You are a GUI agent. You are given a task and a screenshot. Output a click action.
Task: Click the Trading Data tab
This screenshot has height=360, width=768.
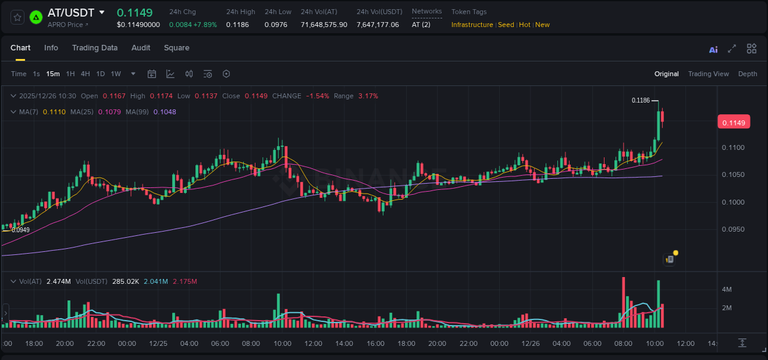coord(95,48)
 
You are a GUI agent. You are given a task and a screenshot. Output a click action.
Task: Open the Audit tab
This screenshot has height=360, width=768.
coord(141,48)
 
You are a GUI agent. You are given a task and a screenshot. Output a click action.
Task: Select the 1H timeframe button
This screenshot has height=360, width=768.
coord(70,74)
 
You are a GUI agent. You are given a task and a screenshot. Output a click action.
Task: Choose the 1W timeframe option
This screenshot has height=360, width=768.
coord(116,74)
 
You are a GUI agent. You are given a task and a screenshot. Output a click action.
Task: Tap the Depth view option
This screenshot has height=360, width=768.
coord(748,74)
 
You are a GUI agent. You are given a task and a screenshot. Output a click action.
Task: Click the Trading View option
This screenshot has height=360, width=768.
coord(708,74)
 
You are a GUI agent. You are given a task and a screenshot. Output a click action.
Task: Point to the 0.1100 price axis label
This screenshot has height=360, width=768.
coord(733,147)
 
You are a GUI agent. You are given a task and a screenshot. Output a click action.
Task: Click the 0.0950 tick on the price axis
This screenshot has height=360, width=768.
coord(733,230)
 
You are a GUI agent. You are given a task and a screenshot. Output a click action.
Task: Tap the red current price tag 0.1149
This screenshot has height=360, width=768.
coord(733,123)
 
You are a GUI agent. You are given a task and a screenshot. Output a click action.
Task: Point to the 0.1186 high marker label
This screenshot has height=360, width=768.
coord(641,100)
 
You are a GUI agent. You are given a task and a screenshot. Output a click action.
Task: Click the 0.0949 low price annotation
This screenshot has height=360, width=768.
coord(20,230)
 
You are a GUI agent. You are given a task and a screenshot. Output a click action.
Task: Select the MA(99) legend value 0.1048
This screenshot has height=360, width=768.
coord(165,112)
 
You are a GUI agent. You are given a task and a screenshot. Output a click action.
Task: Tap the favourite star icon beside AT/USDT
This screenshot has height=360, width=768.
coord(17,17)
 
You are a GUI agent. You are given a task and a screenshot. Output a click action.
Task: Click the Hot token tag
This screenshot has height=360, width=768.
coord(525,25)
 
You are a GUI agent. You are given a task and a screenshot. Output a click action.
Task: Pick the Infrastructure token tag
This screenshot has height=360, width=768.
coord(472,25)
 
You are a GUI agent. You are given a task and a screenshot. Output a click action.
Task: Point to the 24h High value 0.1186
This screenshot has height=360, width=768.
coord(237,25)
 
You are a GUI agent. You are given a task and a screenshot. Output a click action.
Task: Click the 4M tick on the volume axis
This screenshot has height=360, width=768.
coord(726,289)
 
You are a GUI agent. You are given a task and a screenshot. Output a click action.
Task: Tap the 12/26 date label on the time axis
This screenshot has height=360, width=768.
coord(530,343)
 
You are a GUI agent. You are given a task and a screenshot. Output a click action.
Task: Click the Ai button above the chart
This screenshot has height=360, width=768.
coord(713,50)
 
